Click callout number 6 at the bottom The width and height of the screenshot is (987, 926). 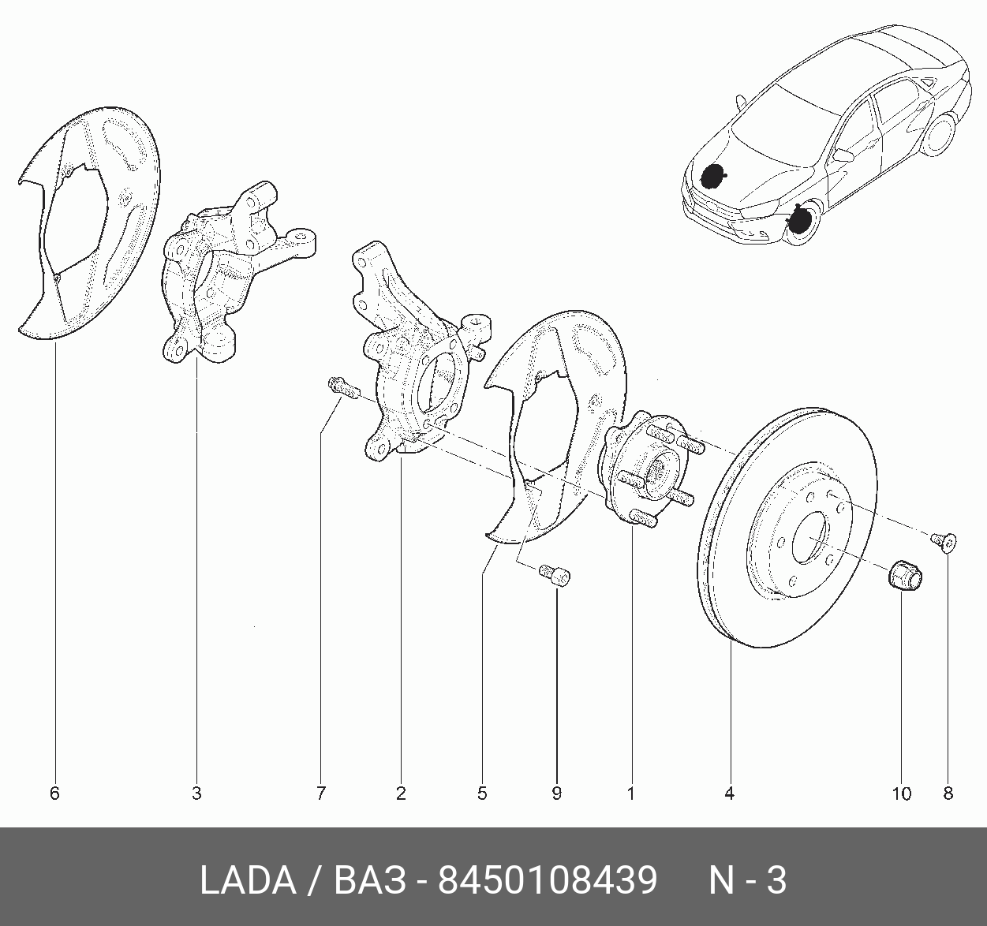pyautogui.click(x=54, y=793)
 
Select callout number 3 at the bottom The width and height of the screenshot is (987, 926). pyautogui.click(x=196, y=793)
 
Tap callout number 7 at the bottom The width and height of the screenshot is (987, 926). pyautogui.click(x=321, y=793)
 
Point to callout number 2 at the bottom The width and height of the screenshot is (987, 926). pyautogui.click(x=401, y=793)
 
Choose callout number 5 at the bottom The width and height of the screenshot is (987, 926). pyautogui.click(x=482, y=793)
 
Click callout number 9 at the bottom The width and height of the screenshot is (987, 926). pyautogui.click(x=556, y=793)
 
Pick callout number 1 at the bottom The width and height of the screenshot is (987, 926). pyautogui.click(x=630, y=793)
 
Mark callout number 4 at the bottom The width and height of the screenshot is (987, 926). pyautogui.click(x=730, y=793)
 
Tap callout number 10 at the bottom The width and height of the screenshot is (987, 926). pyautogui.click(x=902, y=793)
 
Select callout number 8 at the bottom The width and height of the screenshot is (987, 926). pyautogui.click(x=948, y=793)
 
